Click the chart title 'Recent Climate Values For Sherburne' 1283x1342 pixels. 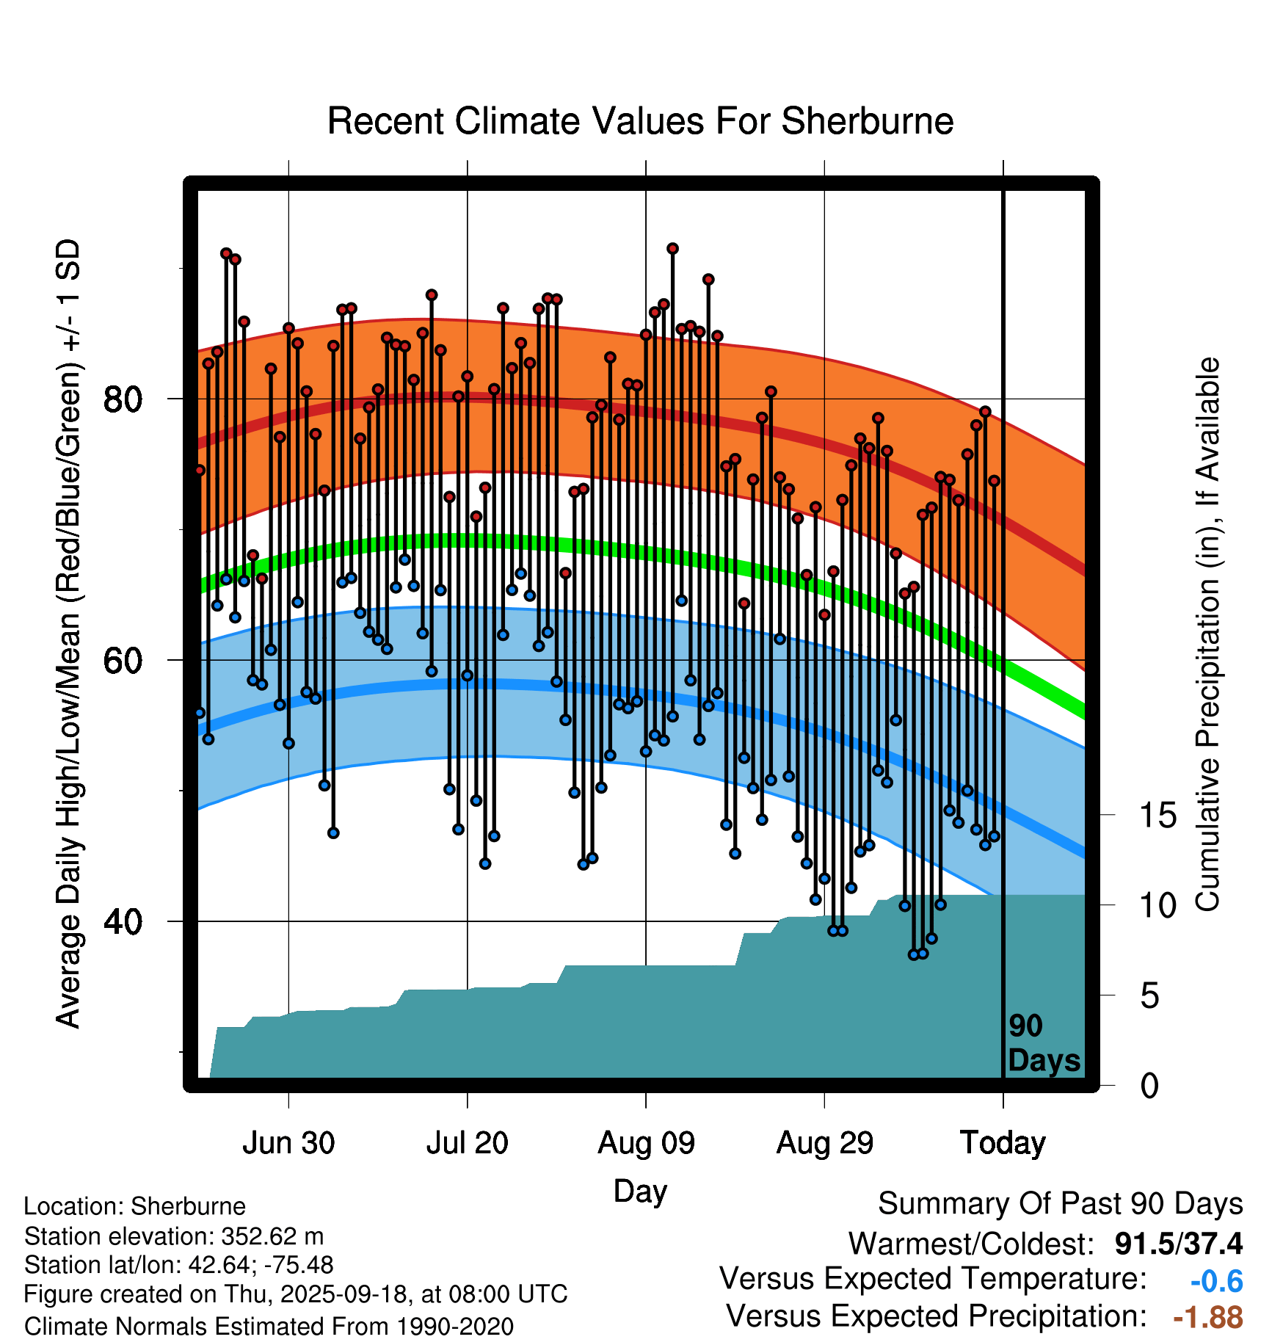640,121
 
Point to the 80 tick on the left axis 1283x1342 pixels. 123,399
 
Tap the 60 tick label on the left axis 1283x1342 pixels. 123,661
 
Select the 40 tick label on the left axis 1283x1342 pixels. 123,921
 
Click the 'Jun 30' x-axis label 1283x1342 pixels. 288,1143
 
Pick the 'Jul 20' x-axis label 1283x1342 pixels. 468,1143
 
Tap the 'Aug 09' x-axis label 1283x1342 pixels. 646,1143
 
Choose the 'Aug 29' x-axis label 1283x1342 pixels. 825,1143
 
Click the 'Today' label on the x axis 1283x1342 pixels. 1003,1143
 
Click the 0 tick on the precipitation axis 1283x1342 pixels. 1149,1086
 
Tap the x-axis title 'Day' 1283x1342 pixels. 640,1191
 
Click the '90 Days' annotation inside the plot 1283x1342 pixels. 1043,1043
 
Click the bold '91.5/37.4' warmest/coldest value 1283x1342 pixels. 1178,1244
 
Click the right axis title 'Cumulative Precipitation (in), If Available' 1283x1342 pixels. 1207,635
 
